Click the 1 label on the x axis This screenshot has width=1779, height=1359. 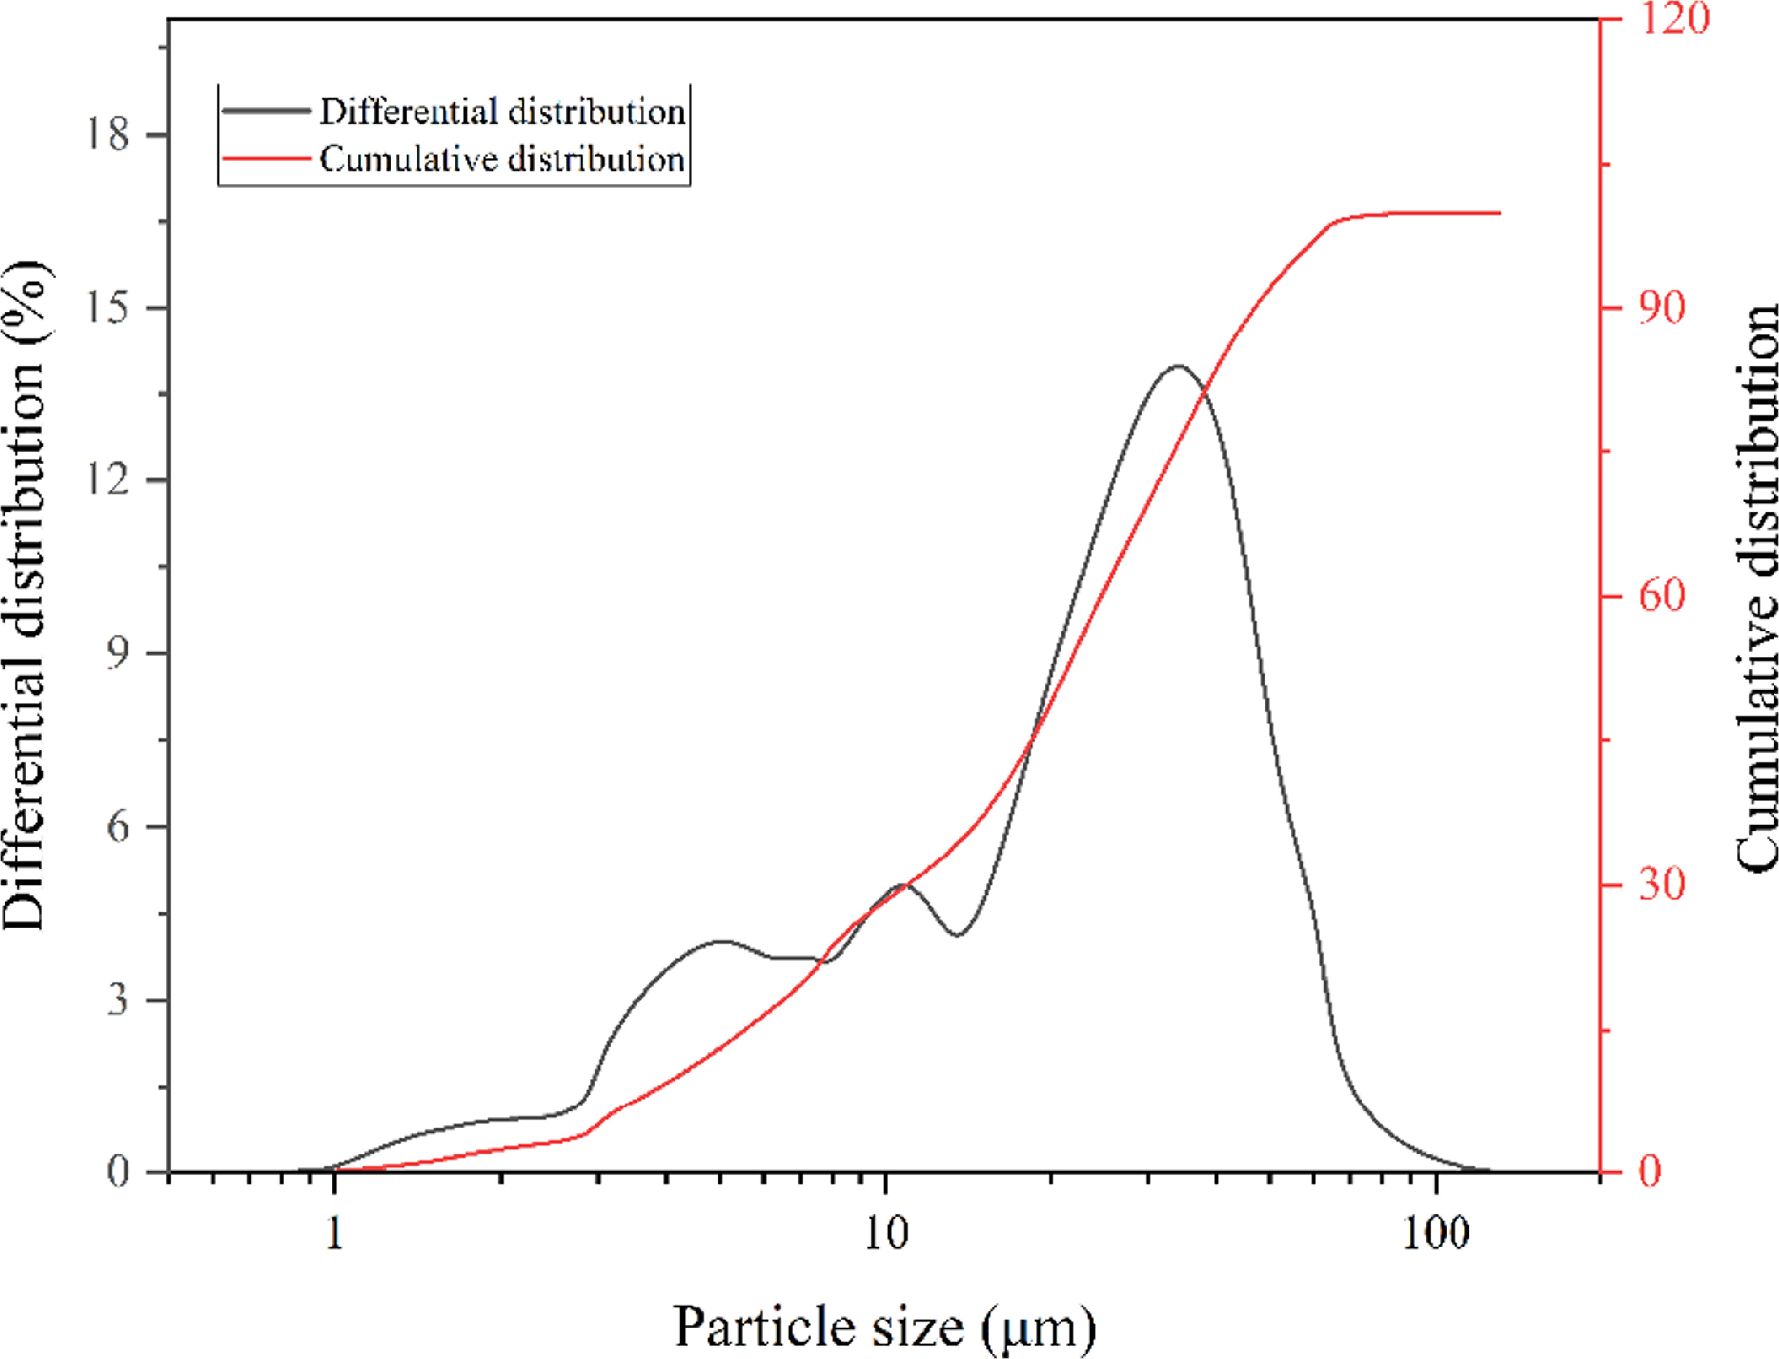coord(334,1234)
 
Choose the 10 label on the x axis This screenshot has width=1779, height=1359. coord(885,1234)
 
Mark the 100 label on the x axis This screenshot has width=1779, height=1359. coord(1436,1234)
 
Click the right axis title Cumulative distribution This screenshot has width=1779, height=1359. coord(1757,591)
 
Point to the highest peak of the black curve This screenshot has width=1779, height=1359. coord(1178,367)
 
